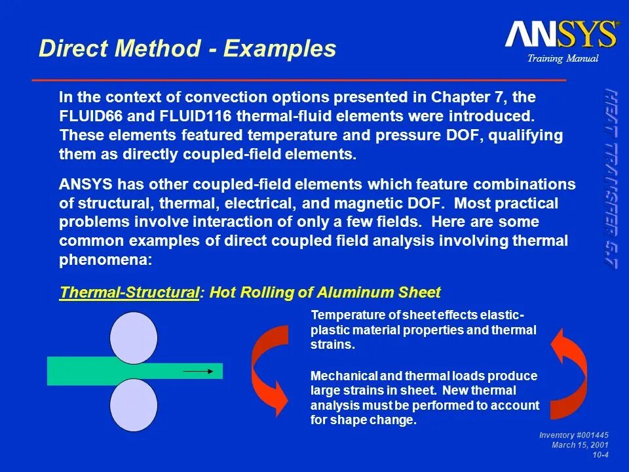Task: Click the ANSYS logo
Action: pyautogui.click(x=561, y=33)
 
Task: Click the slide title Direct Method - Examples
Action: pyautogui.click(x=187, y=49)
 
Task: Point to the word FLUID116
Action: pyautogui.click(x=195, y=117)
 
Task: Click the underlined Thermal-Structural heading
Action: pyautogui.click(x=129, y=292)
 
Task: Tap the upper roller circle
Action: pyautogui.click(x=134, y=338)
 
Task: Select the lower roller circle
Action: pyautogui.click(x=134, y=405)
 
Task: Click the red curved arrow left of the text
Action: pyautogui.click(x=270, y=370)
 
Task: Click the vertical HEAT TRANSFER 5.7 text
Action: pyautogui.click(x=609, y=177)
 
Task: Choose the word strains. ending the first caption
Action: pyautogui.click(x=332, y=345)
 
